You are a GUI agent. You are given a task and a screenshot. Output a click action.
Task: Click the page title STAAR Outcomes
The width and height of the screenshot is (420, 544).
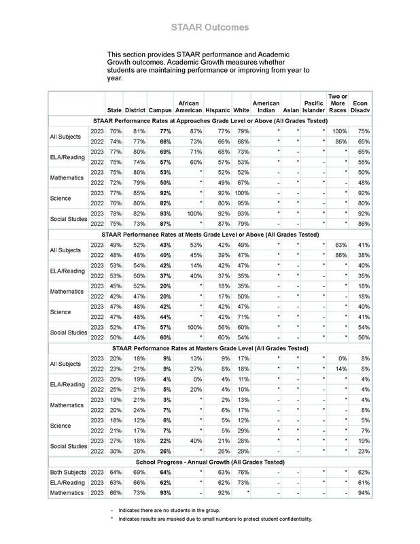[x=209, y=27]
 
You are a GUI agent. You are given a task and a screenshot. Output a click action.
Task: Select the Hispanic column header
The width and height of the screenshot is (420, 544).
[x=217, y=110]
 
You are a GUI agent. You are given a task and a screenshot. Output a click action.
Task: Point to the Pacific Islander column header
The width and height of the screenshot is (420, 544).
[x=313, y=107]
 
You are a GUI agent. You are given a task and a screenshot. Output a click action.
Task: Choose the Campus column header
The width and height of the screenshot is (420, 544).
[x=160, y=110]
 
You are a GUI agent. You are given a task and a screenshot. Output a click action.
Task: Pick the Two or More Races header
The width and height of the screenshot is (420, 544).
[x=338, y=103]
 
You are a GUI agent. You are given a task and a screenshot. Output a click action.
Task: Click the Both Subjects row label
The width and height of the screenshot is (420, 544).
[x=68, y=471]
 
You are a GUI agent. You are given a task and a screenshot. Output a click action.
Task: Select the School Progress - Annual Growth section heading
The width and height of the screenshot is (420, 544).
[x=210, y=460]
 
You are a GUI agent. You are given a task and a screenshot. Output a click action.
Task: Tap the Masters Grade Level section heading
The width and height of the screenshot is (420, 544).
[x=210, y=347]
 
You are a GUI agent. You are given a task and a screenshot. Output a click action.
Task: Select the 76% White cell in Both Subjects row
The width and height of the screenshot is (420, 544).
[x=241, y=471]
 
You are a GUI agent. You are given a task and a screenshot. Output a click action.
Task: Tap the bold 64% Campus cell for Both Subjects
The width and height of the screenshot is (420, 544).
[x=162, y=471]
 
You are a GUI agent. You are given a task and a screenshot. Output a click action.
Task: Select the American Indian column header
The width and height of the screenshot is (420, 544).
[x=266, y=107]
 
